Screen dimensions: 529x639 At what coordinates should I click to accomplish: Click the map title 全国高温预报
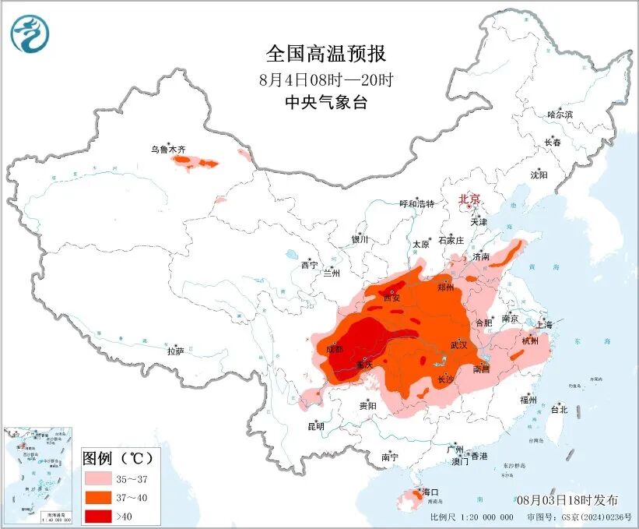326,54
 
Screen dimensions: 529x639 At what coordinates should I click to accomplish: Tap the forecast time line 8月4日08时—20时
326,79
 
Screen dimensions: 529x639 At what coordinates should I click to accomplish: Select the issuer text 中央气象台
326,102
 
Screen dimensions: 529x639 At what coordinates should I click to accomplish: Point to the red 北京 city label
470,199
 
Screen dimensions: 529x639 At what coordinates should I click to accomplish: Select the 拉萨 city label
175,351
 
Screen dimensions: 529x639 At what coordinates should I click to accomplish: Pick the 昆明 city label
315,426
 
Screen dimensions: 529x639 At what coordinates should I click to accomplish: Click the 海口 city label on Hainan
430,492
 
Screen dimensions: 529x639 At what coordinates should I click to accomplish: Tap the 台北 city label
559,409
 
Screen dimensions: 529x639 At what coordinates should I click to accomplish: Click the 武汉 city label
458,344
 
